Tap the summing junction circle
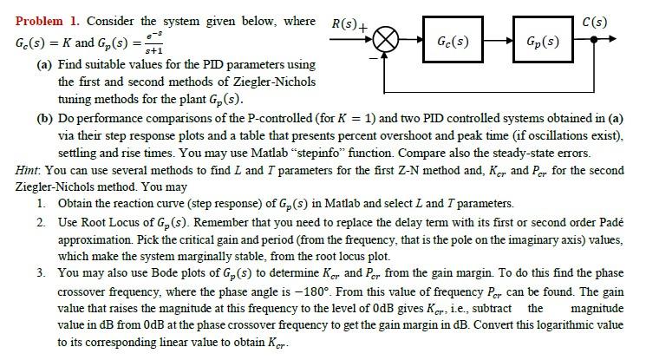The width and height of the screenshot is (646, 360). click(384, 41)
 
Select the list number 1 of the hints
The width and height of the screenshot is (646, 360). click(41, 203)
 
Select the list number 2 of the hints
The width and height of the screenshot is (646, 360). click(41, 222)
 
